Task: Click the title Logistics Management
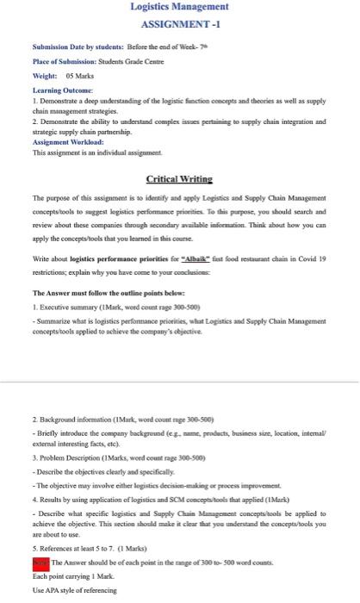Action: [x=179, y=8]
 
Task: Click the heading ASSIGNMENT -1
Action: [x=179, y=25]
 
